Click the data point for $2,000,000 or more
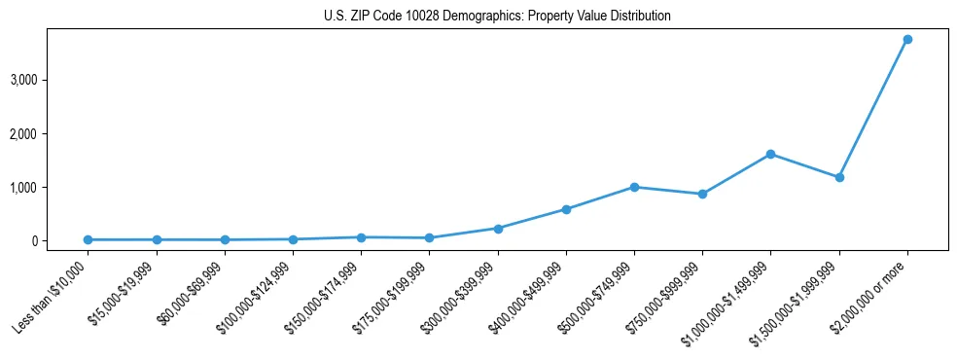click(x=906, y=39)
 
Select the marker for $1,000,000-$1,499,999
click(x=770, y=154)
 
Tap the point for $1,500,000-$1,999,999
click(x=838, y=177)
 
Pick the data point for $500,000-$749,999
click(x=634, y=187)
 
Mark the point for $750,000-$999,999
click(x=702, y=194)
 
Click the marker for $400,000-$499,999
click(x=566, y=209)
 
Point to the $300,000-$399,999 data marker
click(x=498, y=229)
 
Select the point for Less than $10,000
click(x=89, y=239)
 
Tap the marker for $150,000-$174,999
click(x=361, y=237)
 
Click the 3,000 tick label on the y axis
click(x=52, y=79)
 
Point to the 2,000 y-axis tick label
click(x=52, y=133)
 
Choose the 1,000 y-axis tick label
click(x=52, y=187)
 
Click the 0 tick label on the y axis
click(x=60, y=240)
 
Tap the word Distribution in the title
click(x=639, y=17)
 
